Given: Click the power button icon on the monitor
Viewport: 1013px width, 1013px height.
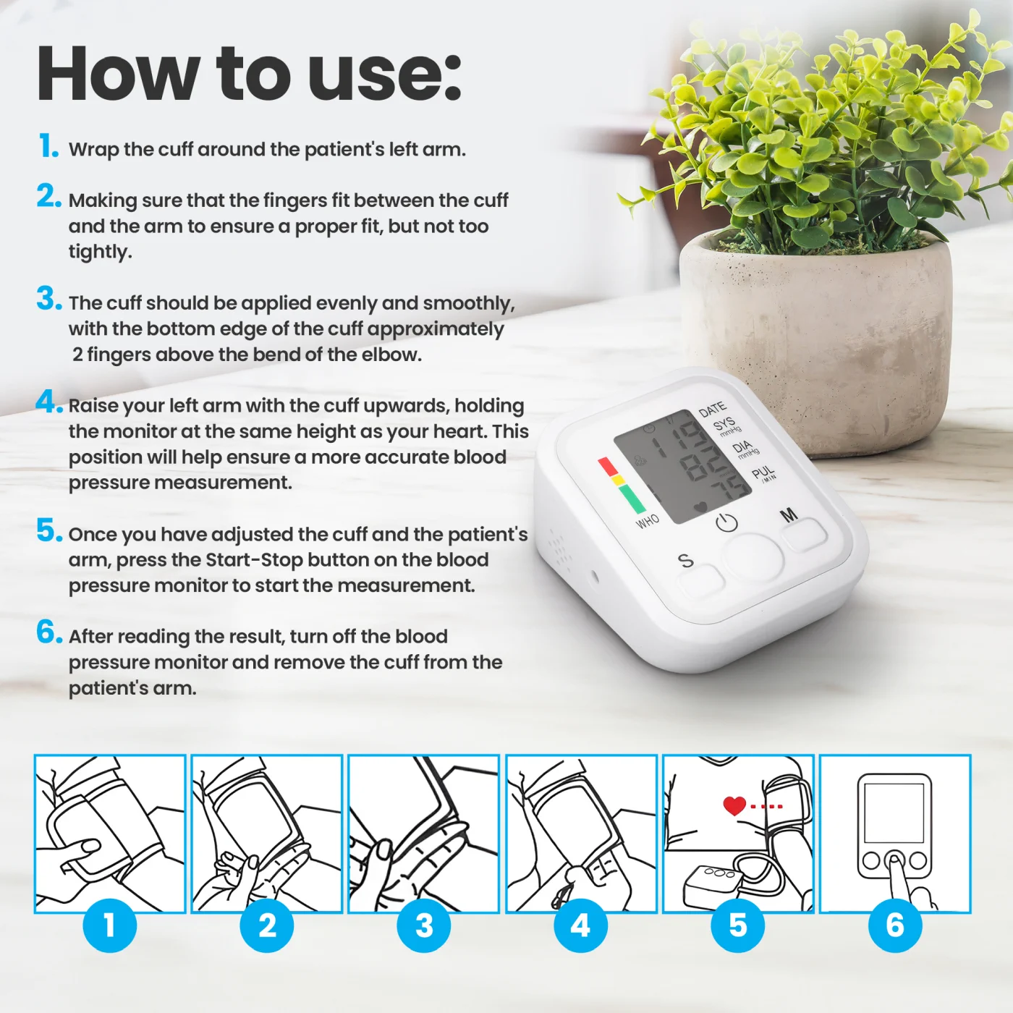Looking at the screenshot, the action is tap(726, 522).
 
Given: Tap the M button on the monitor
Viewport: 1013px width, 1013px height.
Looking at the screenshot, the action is tap(804, 535).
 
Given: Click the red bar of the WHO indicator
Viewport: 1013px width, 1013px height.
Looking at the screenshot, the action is tap(609, 466).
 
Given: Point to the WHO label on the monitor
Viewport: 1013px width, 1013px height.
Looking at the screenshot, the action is tap(648, 522).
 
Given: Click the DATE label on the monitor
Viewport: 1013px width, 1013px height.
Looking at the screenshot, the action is tap(713, 409).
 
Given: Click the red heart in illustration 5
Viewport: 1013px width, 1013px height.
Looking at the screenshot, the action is tap(734, 806).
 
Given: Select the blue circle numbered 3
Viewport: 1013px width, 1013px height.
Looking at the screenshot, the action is tap(424, 925).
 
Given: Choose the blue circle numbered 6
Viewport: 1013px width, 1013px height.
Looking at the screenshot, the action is tap(895, 925).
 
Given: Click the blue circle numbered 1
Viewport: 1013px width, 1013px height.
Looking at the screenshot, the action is tap(110, 925).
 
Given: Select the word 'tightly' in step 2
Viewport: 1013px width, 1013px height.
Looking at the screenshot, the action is tap(99, 253).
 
